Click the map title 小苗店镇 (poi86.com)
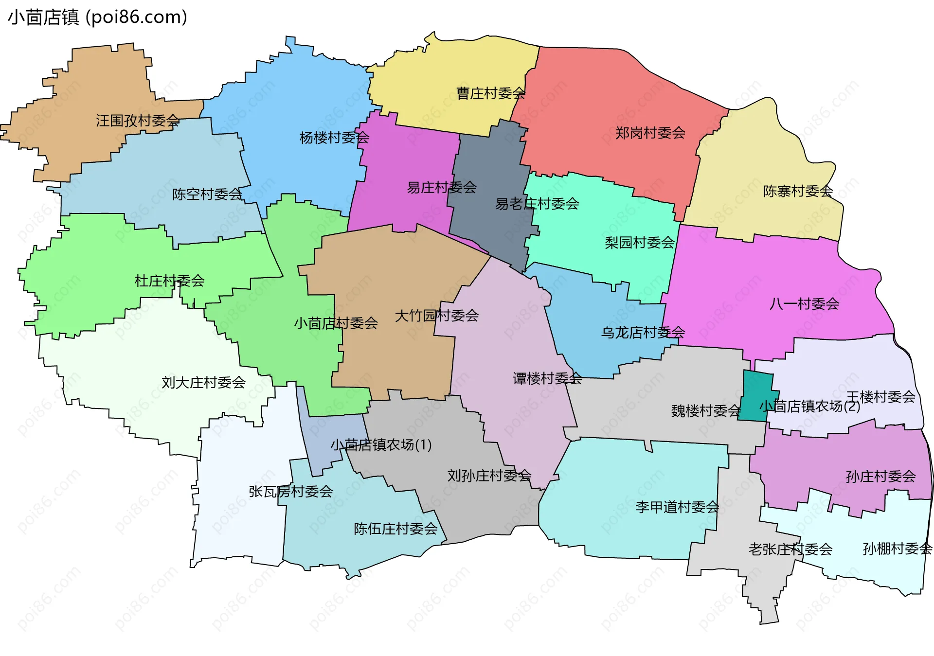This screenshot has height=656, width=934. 97,18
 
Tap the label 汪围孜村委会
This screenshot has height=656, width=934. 137,121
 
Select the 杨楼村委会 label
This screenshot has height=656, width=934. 334,138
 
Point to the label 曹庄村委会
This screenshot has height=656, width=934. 490,93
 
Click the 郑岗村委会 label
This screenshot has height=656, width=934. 650,133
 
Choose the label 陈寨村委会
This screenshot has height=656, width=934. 798,191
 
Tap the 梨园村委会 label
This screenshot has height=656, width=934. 640,242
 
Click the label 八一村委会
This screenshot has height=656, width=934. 804,304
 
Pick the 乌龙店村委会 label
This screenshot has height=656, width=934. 643,333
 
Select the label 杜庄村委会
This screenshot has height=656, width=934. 169,281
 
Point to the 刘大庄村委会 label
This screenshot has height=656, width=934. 203,383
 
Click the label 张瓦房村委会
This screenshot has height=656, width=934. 290,492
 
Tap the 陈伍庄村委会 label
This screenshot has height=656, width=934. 395,529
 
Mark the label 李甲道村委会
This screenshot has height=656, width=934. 677,507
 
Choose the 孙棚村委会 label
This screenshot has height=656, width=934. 897,549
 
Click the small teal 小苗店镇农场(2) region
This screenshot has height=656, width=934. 755,395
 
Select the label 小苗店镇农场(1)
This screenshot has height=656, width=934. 381,445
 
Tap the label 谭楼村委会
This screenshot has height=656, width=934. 547,378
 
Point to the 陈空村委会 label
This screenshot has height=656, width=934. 207,195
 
